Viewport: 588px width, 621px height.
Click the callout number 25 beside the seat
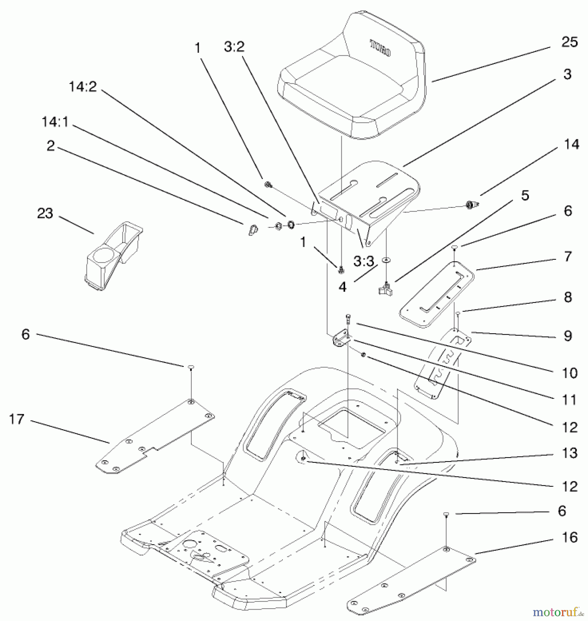tap(569, 42)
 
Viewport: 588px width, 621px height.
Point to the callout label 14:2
tap(83, 87)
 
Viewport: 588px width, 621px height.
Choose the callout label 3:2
tap(234, 47)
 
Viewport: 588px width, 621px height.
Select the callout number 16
tap(569, 538)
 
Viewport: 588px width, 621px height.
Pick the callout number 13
tap(569, 453)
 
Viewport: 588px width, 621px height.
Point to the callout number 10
tap(569, 373)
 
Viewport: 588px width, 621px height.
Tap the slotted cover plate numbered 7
tap(436, 294)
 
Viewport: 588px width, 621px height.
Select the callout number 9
tap(568, 336)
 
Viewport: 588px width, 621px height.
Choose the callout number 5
tap(525, 196)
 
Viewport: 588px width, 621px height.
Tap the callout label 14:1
tap(55, 122)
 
